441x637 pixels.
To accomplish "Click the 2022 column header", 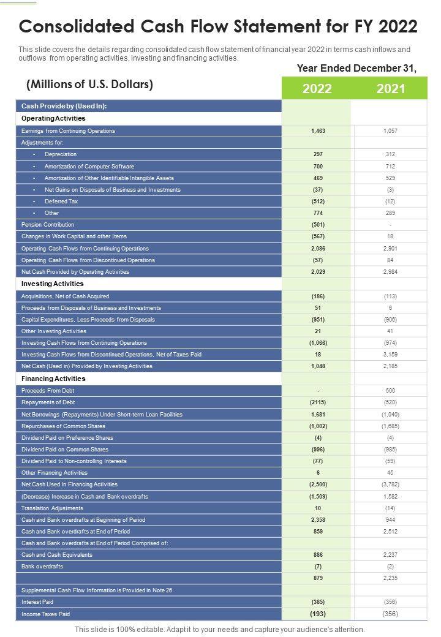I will point(317,89).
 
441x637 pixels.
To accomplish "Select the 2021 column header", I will point(391,89).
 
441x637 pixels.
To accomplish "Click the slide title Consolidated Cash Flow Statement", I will point(219,27).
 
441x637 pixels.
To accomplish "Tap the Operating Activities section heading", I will point(53,118).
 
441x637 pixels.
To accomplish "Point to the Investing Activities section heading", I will point(52,284).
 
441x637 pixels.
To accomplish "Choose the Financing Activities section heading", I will point(53,379).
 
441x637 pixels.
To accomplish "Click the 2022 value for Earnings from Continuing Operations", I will point(317,131).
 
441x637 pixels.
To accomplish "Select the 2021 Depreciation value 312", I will point(390,154).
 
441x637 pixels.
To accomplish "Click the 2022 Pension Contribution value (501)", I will point(317,225).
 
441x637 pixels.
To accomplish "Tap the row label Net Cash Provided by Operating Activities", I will point(75,272).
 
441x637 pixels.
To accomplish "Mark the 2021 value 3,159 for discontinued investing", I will point(390,355).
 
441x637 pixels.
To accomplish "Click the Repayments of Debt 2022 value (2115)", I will point(317,402).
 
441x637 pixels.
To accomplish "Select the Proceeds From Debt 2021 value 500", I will point(390,391).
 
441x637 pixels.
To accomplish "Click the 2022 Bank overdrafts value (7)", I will point(317,567).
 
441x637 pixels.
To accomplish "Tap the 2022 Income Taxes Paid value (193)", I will point(317,614).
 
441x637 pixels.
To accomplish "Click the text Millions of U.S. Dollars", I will point(89,85).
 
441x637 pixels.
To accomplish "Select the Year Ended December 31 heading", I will point(356,69).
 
